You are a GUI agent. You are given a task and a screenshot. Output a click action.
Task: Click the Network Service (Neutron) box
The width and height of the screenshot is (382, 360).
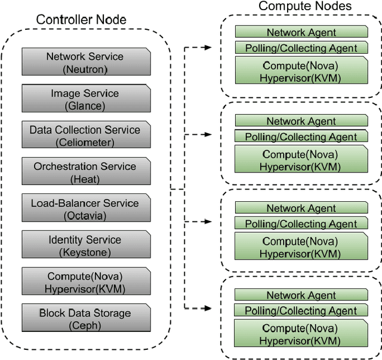[85, 63]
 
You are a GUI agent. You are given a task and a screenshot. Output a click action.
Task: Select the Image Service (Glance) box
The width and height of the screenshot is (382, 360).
[85, 99]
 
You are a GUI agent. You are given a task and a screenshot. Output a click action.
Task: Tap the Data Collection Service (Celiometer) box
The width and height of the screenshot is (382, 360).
[85, 136]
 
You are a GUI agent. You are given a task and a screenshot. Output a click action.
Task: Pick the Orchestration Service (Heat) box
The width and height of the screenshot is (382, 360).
[85, 172]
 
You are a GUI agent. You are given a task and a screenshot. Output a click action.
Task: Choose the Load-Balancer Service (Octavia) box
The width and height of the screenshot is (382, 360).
[85, 209]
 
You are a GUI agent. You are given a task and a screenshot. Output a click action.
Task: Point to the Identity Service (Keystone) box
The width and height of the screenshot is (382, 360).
[85, 245]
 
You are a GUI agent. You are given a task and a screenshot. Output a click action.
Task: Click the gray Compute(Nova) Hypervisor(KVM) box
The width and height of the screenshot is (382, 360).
[85, 282]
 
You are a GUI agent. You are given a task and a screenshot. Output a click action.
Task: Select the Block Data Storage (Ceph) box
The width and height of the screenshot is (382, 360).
[85, 319]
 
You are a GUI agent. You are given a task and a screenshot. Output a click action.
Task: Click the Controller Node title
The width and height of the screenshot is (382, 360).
[81, 19]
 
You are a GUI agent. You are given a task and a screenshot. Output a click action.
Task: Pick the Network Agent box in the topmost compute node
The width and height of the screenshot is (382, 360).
[301, 33]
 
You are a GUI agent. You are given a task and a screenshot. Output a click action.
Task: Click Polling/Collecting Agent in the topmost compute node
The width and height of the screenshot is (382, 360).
[301, 48]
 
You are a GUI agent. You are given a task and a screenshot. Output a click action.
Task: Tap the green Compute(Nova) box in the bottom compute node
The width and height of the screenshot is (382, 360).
[301, 334]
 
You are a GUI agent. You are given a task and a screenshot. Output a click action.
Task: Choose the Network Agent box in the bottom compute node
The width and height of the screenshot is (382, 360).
[301, 296]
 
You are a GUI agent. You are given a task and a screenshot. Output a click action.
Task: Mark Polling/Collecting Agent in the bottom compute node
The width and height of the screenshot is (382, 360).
[301, 310]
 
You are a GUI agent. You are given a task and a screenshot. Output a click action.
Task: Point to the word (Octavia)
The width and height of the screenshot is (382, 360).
[85, 215]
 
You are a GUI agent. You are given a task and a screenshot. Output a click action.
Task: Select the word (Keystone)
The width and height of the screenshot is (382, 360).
[85, 252]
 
